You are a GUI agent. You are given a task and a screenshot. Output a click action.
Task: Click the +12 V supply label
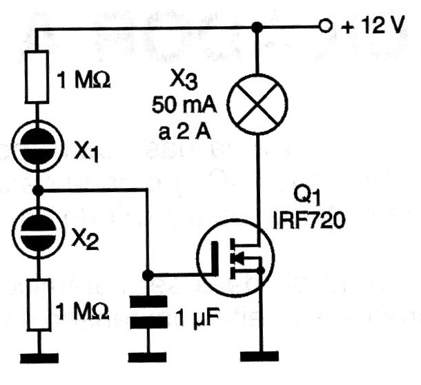coord(373,26)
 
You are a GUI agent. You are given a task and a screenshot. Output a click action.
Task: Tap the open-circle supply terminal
coord(326,26)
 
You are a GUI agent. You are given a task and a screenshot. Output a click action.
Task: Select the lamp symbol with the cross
coord(257,104)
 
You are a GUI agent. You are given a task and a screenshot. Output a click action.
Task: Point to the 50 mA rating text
coord(184,105)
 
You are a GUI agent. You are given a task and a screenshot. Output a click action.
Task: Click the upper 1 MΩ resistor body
coord(37,76)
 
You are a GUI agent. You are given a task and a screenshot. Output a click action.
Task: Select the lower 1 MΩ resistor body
coord(39,304)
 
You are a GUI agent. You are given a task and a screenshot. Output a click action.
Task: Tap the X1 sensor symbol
coord(38,146)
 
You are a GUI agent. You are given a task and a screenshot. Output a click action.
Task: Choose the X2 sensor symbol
coord(39,232)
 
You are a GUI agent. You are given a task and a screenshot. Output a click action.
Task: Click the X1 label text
coord(86,153)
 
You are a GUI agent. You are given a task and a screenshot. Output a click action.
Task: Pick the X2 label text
coord(85,240)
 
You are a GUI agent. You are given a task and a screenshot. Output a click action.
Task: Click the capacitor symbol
coord(148,312)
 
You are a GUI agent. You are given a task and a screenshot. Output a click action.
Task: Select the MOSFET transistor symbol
coord(236,258)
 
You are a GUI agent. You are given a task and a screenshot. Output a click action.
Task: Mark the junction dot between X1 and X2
coord(37,191)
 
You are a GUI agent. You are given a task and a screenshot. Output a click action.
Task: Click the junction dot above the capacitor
coord(148,275)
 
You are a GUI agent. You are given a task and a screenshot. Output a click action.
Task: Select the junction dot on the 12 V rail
coord(257,27)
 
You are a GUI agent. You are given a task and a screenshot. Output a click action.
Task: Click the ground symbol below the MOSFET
coord(260,356)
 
